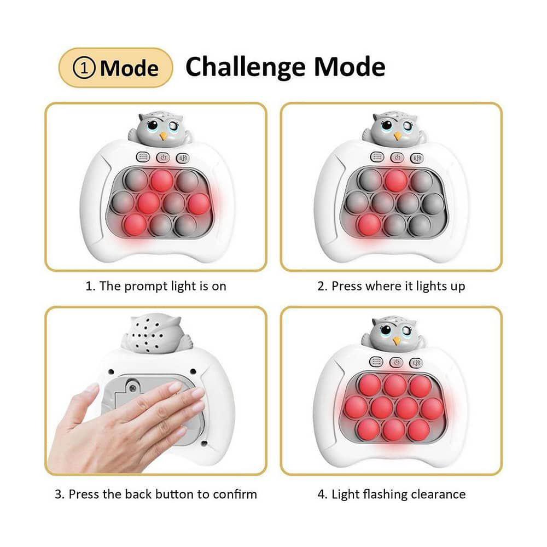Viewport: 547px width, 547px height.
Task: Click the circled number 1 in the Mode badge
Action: (x=84, y=68)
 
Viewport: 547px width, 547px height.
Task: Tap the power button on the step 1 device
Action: (x=163, y=158)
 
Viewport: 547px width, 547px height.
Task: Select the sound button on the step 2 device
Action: (x=416, y=158)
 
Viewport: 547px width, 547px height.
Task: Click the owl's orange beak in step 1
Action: (x=163, y=135)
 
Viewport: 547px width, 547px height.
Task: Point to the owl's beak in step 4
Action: (x=396, y=341)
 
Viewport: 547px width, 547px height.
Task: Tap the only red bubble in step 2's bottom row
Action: (x=369, y=225)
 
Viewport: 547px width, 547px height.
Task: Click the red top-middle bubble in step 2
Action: (x=396, y=181)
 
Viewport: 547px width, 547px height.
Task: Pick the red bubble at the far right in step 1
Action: (x=199, y=203)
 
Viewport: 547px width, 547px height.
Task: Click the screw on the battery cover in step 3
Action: (x=132, y=388)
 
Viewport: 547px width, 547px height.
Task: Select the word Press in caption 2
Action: (x=347, y=286)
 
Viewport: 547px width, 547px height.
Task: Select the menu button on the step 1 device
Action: (x=143, y=158)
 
